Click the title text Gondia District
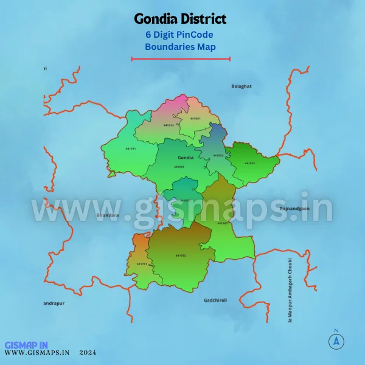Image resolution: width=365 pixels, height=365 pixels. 179,20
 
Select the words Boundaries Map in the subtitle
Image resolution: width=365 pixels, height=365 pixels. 180,46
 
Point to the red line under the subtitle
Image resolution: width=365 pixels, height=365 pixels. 181,59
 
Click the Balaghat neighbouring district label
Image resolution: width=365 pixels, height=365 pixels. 242,86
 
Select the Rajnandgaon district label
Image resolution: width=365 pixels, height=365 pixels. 294,209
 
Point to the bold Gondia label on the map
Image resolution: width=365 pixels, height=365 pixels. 186,158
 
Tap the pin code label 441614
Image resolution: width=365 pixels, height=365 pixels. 169,125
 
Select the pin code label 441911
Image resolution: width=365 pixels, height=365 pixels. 131,148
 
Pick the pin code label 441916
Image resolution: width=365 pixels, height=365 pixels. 250,163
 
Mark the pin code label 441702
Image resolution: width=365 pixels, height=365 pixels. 180,255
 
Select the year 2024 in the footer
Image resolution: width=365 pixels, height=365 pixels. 88,352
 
